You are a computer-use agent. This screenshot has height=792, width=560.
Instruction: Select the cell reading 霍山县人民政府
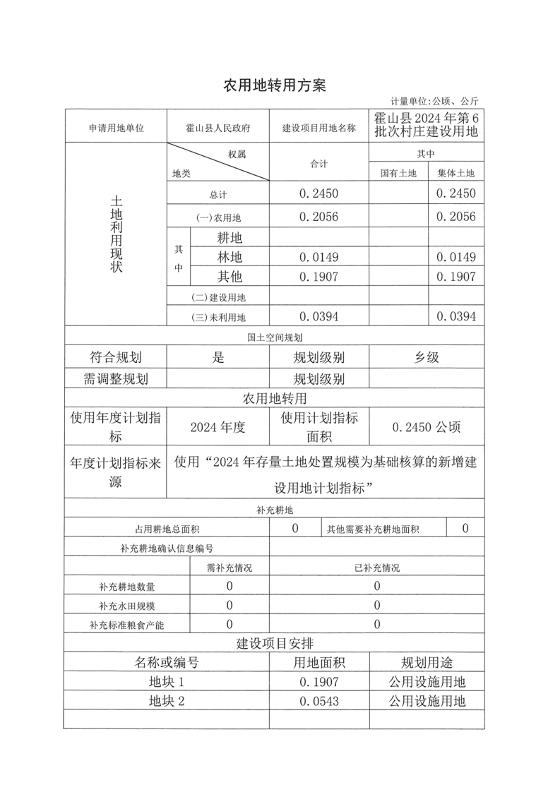218,128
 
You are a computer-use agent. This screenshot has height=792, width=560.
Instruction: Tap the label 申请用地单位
117,128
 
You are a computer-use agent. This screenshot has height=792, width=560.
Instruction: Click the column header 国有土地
399,173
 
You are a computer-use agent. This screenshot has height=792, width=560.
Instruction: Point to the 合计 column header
319,164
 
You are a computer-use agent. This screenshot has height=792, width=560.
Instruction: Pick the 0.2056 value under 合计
319,217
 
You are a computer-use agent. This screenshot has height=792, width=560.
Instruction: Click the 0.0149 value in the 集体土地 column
456,257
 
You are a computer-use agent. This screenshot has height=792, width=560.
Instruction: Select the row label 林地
230,258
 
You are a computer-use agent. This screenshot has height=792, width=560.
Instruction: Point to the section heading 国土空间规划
275,337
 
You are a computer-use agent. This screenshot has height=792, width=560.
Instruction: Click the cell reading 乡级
427,357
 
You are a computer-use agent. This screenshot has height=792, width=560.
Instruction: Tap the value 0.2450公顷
427,426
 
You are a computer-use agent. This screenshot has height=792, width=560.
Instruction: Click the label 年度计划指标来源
116,472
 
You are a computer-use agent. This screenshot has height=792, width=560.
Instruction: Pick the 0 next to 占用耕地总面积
294,528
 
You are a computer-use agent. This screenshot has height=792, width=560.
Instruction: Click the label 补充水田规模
127,606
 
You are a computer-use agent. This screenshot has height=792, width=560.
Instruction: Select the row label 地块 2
167,701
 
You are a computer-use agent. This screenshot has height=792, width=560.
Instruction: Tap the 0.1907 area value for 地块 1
319,682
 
